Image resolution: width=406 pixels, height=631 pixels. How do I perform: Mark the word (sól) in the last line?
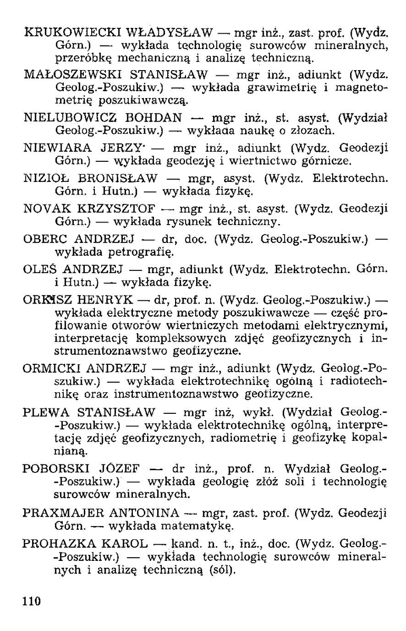tap(223, 570)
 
